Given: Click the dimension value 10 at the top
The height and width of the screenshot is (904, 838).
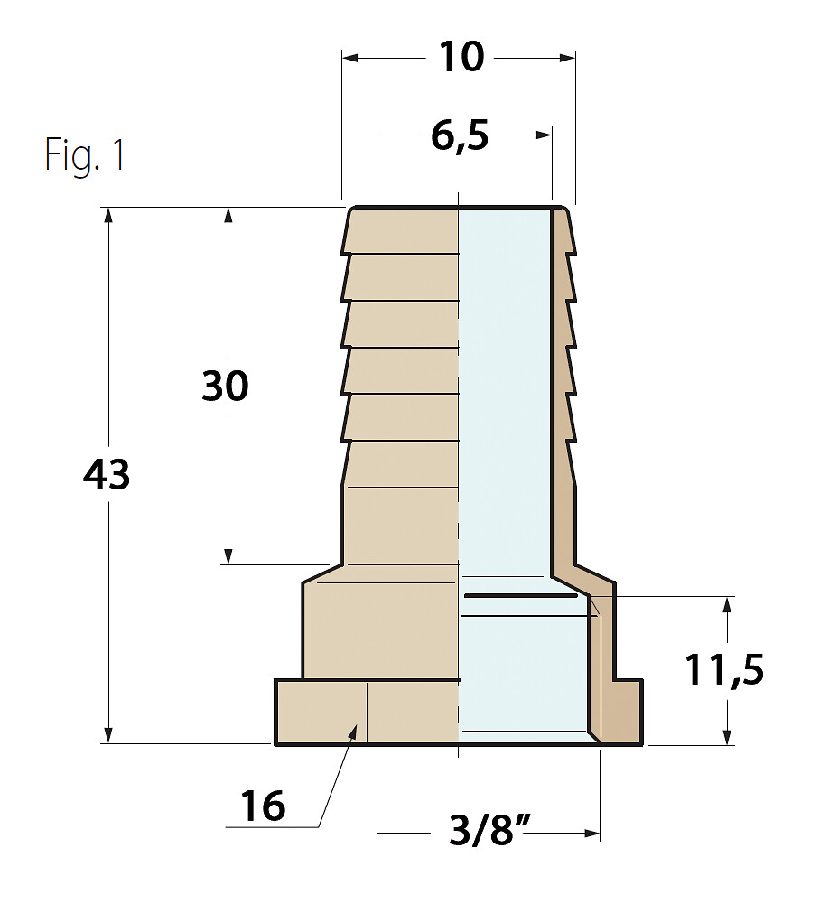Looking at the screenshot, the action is pyautogui.click(x=461, y=57).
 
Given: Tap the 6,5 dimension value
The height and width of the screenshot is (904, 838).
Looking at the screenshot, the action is pyautogui.click(x=460, y=136).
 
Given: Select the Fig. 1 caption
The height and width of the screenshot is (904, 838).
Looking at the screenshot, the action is pyautogui.click(x=85, y=154).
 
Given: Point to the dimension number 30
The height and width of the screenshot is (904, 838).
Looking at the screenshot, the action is pyautogui.click(x=226, y=386).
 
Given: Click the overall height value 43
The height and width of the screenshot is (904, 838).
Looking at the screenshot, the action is pyautogui.click(x=107, y=474).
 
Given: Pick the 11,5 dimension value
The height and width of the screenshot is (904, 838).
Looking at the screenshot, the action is pyautogui.click(x=724, y=670).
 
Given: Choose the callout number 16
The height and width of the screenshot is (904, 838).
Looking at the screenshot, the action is pyautogui.click(x=263, y=806).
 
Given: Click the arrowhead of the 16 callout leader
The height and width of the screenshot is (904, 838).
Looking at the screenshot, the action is pyautogui.click(x=353, y=732).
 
